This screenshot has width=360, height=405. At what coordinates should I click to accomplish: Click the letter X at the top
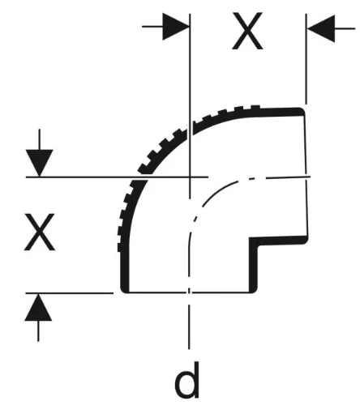[247, 31]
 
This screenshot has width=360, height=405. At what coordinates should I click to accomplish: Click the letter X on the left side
[40, 232]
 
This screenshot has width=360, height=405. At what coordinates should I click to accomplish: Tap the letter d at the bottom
[186, 380]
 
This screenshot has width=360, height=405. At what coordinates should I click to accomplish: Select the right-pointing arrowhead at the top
[175, 27]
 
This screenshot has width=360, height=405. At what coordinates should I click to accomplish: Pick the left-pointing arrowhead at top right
[321, 28]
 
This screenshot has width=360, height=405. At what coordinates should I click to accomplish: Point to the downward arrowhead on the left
[40, 163]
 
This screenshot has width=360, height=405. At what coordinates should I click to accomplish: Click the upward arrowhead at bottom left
[38, 307]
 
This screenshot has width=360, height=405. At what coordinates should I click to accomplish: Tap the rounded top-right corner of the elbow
[302, 110]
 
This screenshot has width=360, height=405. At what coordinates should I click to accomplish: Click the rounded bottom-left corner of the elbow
[124, 289]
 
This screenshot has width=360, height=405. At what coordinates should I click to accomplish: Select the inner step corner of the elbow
[253, 241]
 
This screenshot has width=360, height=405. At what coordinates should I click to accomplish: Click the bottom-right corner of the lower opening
[253, 290]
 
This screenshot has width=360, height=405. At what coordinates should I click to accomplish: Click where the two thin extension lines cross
[191, 177]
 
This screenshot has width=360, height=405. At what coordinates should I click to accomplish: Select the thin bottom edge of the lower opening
[188, 292]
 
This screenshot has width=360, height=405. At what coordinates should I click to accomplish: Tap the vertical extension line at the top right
[306, 59]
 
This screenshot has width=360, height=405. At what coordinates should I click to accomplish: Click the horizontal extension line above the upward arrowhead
[70, 292]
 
